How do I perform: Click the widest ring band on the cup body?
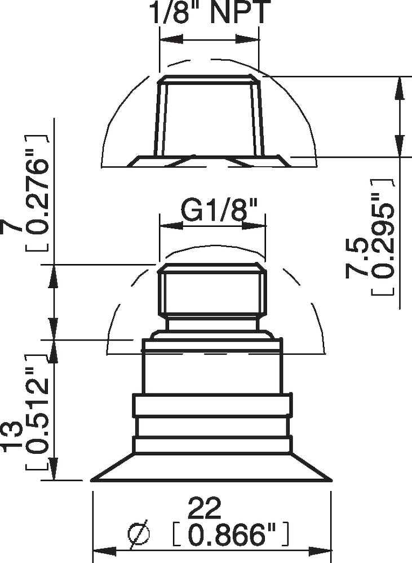[212, 405]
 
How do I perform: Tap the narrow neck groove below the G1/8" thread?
[212, 323]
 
